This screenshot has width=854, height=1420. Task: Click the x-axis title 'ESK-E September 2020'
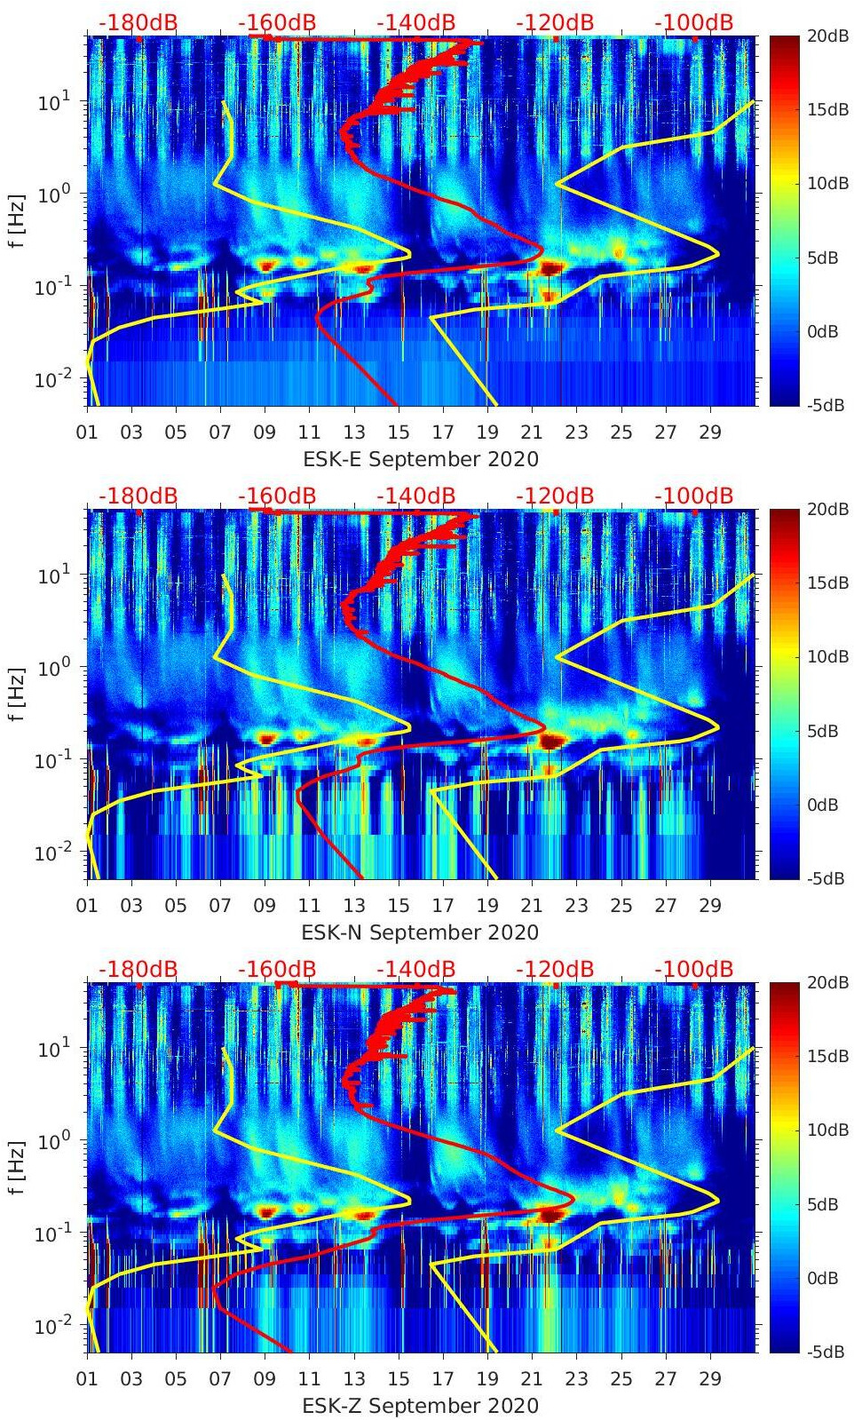[421, 459]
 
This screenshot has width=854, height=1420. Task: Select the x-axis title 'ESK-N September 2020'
[420, 932]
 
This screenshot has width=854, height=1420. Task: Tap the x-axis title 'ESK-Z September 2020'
[420, 1406]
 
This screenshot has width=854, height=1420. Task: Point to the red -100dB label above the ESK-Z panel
[694, 969]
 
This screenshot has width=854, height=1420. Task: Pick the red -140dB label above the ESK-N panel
[416, 496]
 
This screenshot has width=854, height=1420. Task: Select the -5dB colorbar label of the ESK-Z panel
[825, 1352]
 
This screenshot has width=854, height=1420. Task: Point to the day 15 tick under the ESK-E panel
[399, 432]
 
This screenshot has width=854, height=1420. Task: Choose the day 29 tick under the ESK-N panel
[710, 906]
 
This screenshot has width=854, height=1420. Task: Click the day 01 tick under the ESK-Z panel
[87, 1379]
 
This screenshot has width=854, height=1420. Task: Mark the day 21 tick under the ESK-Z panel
[532, 1379]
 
